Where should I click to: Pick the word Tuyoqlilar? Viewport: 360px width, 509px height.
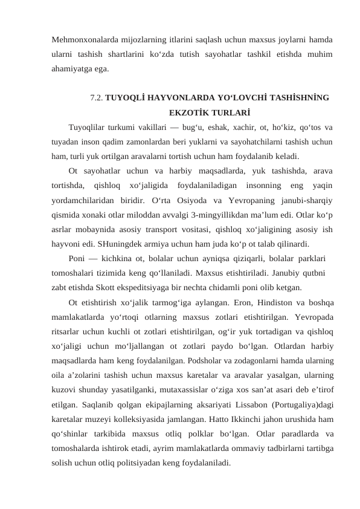[89, 127]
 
